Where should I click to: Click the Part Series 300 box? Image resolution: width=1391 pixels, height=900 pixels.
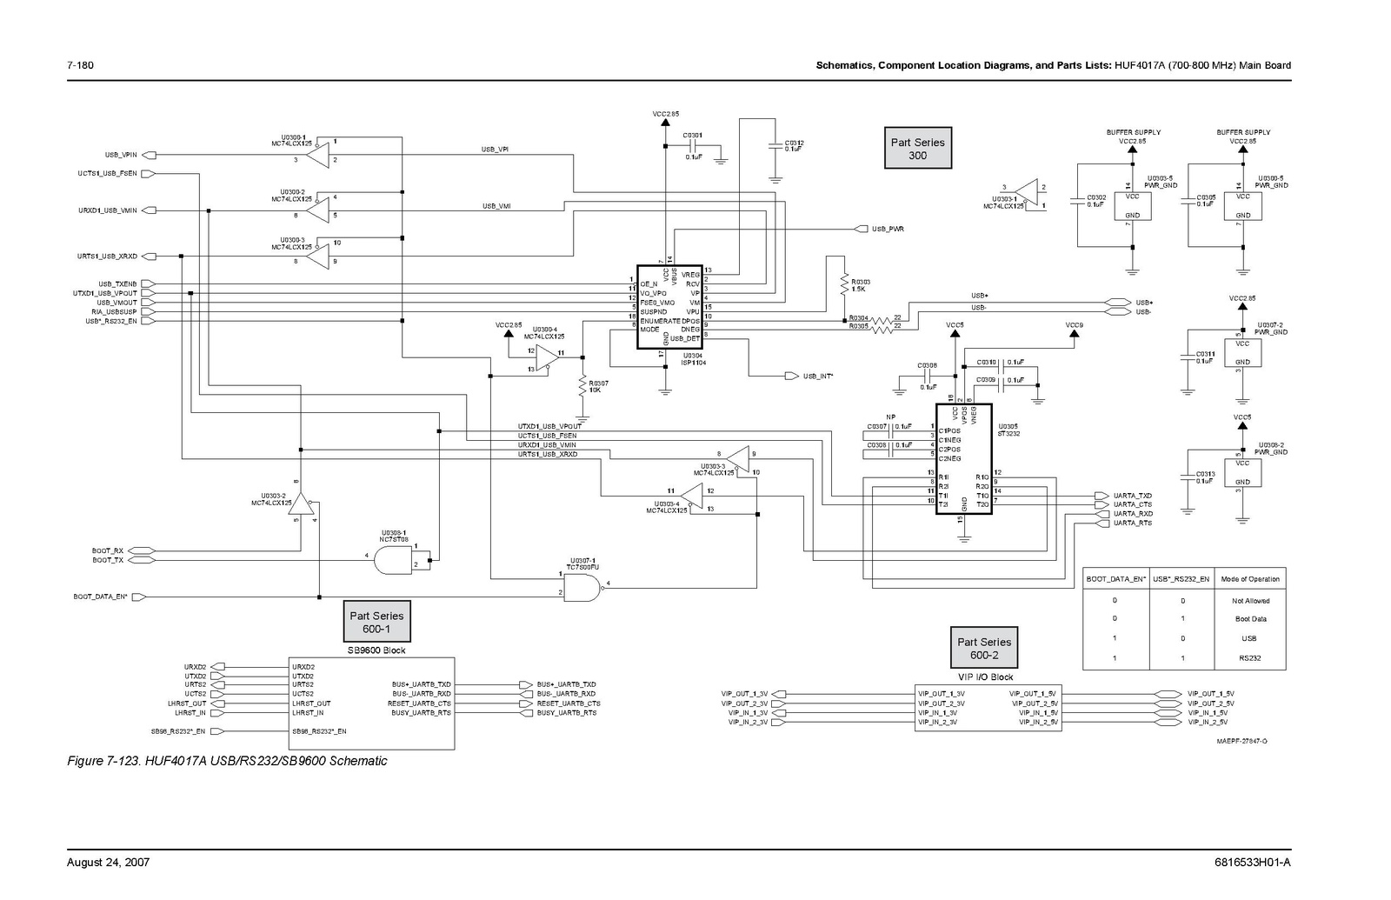tap(917, 149)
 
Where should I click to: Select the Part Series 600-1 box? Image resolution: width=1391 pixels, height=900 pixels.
tap(376, 622)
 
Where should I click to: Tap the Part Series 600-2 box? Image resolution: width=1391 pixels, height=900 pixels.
tap(984, 649)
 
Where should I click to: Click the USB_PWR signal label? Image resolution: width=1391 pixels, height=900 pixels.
tap(889, 229)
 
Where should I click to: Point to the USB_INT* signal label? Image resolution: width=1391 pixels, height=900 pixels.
tap(817, 377)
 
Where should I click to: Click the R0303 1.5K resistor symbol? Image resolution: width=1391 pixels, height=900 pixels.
tap(842, 285)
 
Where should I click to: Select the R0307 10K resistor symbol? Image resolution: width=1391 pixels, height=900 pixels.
tap(582, 386)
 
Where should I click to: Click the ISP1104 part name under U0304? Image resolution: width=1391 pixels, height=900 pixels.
tap(693, 363)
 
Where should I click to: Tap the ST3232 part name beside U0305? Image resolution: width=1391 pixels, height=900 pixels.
tap(1008, 432)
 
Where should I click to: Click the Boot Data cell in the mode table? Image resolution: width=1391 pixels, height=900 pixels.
tap(1250, 619)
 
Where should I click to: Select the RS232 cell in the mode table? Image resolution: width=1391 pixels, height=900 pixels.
tap(1250, 658)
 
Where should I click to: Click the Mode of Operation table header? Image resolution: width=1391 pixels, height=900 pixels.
tap(1250, 579)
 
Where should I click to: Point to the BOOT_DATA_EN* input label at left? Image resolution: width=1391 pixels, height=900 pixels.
tap(100, 597)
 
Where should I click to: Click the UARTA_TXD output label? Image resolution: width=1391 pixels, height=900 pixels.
tap(1132, 496)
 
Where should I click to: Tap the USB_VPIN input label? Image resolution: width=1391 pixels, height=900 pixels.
tap(122, 155)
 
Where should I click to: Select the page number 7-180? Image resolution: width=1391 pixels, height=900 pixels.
tap(81, 65)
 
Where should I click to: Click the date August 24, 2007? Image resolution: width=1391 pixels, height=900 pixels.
tap(109, 863)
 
